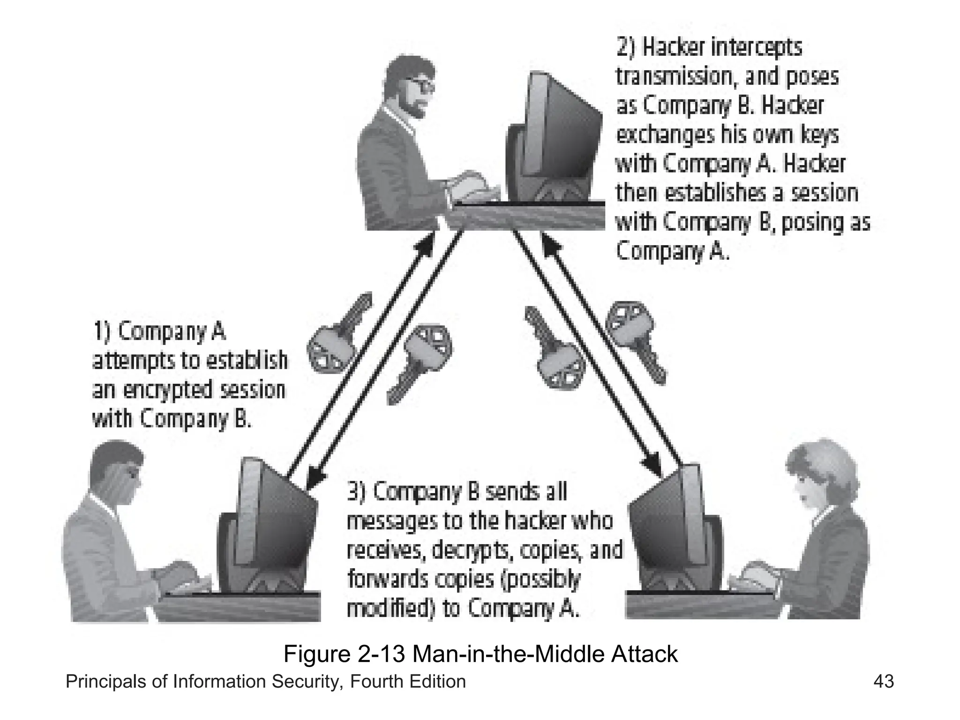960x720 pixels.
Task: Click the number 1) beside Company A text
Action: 102,332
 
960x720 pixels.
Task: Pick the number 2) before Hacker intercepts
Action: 626,47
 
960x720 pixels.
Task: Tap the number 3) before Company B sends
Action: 357,492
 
